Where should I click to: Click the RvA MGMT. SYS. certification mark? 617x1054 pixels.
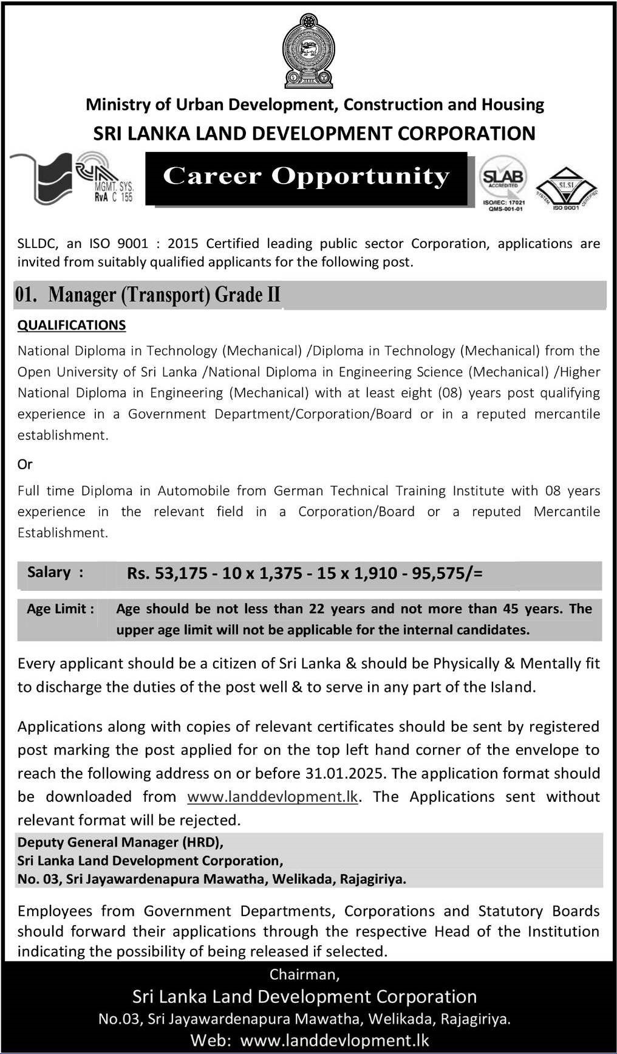tap(104, 177)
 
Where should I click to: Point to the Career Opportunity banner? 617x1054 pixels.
tap(307, 177)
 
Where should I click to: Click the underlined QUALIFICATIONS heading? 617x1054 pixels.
tap(72, 325)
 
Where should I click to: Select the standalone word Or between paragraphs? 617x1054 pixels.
tap(25, 464)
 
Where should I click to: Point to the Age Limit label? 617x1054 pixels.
tap(60, 609)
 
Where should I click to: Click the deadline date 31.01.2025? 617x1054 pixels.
tap(343, 773)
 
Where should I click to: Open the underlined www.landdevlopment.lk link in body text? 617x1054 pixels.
tap(273, 797)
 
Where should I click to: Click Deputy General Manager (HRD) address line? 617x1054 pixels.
tap(120, 842)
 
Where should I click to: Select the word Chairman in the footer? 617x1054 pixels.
tap(304, 974)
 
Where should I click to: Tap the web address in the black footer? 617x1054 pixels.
tap(335, 1040)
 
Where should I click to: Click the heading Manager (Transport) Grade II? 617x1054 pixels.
tap(164, 295)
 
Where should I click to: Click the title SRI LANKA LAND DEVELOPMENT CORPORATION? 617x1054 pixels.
tap(315, 133)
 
